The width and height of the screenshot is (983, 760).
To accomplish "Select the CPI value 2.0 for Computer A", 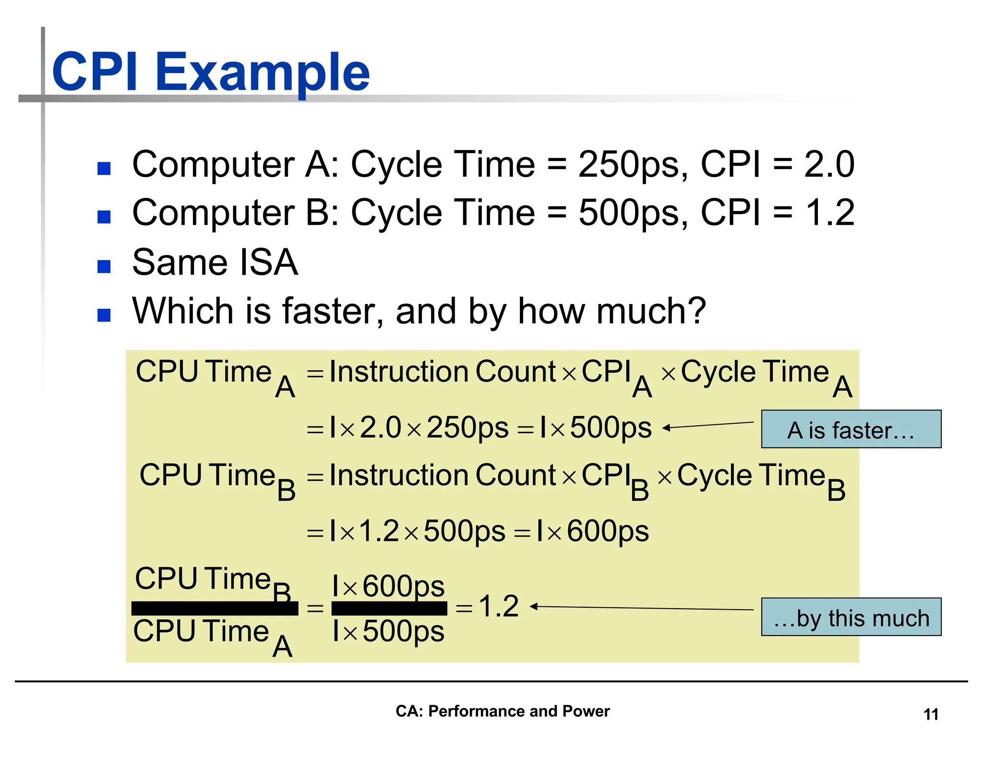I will point(829,165).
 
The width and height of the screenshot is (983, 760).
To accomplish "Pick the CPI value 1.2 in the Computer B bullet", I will point(830,213).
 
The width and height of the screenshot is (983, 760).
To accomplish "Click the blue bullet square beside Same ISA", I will point(104,266).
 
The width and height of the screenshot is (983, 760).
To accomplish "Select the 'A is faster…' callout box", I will point(851,429).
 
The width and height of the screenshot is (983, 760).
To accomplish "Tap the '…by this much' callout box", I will point(851,617).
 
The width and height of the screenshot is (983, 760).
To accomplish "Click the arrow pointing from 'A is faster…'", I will point(707,425).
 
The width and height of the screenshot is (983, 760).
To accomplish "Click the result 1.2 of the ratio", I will point(499,606).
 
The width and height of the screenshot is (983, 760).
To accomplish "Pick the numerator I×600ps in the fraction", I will point(388,586).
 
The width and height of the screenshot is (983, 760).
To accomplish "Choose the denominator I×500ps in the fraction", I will point(388,631).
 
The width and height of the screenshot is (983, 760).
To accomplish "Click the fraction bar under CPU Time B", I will point(215,608).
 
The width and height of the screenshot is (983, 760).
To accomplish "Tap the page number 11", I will point(931,714).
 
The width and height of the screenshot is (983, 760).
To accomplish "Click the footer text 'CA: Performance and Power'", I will point(503,711).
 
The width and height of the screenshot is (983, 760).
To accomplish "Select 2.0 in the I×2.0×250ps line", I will point(380,427).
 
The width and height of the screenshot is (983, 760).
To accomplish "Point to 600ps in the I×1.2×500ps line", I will point(608,531).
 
